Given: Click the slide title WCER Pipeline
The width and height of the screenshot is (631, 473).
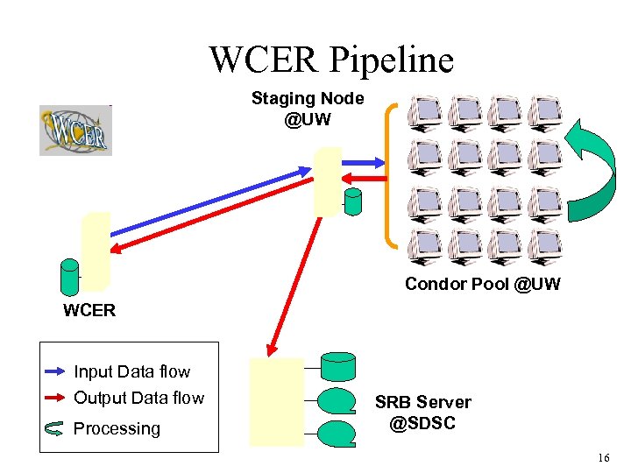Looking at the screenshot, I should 331,59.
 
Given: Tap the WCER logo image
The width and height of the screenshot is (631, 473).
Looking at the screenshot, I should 75,131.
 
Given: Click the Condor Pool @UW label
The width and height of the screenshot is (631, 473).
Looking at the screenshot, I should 482,284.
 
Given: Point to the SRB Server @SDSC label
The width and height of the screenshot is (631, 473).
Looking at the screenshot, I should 422,412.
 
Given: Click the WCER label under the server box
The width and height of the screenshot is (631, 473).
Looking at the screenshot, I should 89,310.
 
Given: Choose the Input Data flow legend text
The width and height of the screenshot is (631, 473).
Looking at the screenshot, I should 131,372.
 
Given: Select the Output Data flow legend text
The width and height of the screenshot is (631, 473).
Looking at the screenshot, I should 138,399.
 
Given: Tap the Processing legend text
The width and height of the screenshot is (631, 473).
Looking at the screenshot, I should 117,429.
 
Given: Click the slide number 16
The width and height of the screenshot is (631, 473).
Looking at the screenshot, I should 602,458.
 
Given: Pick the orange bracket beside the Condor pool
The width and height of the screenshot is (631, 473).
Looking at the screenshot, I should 391,174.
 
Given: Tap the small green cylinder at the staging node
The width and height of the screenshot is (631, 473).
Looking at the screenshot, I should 353,202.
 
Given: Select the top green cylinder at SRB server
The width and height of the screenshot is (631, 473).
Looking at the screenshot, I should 337,364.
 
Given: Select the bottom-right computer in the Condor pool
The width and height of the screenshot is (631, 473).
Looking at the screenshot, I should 545,244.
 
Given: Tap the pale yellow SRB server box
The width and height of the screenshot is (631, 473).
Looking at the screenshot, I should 276,402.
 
